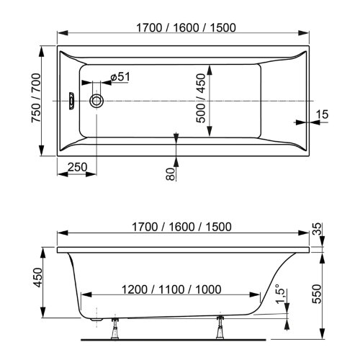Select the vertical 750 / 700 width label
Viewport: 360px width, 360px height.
27,101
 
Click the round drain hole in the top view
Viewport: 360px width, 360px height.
97,102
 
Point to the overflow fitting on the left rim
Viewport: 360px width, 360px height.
72,102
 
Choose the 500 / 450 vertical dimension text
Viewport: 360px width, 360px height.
201,101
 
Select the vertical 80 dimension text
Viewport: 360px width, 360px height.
171,174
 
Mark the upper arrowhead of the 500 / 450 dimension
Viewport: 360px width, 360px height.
210,69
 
